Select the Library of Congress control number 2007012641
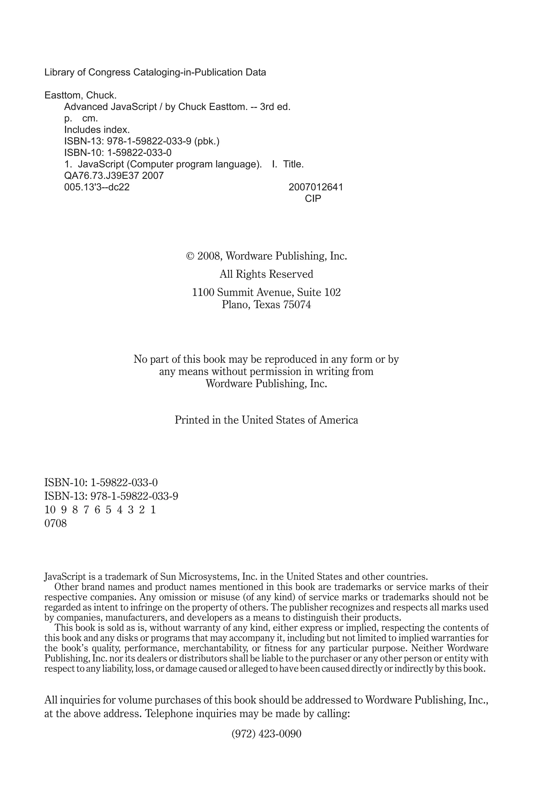tap(315, 187)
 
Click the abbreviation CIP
tap(313, 199)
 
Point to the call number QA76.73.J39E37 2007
tap(114, 176)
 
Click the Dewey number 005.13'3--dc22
tap(97, 187)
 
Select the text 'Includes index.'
tap(97, 130)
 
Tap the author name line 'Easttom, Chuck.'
tap(81, 95)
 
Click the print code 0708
tap(55, 523)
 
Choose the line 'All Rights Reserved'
tap(266, 274)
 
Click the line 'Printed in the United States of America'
tap(266, 420)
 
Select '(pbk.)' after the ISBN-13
tap(207, 141)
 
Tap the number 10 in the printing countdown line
tap(50, 510)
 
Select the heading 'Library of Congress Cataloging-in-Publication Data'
tap(155, 72)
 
